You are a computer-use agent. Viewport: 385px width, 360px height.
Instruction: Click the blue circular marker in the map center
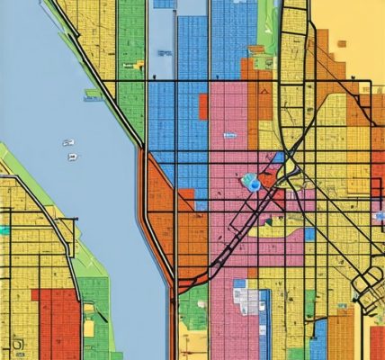coord(254,184)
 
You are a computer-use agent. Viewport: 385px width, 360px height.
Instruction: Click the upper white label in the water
coord(68,142)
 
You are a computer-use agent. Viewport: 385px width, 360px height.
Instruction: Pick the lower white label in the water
coord(71,157)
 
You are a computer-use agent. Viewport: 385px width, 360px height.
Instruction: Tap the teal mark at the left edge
coord(4,230)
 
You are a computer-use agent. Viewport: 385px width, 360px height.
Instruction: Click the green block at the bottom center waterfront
coord(192,310)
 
